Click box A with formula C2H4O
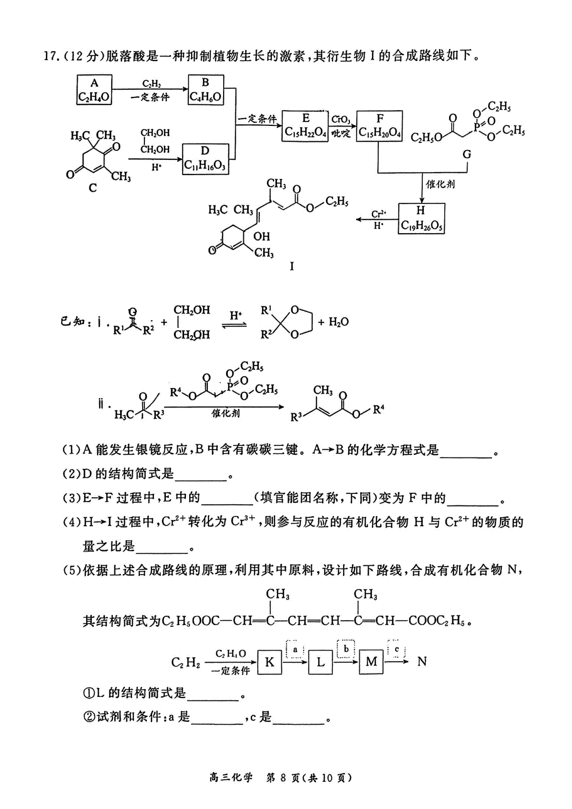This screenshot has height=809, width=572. [94, 90]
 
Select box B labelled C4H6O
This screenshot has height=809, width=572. [206, 90]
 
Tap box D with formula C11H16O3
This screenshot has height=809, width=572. [205, 159]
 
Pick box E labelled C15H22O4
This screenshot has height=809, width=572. [305, 126]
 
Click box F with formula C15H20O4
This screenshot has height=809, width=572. [379, 126]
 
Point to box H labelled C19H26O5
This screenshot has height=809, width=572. [421, 218]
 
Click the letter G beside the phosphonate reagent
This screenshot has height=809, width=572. [467, 154]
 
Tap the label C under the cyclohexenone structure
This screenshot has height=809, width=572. [93, 188]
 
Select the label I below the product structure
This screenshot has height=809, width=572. [292, 266]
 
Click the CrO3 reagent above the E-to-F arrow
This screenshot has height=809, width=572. [341, 119]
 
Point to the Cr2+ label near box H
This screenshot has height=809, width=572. [379, 214]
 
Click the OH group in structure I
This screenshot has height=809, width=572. [261, 236]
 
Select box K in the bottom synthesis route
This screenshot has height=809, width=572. [269, 662]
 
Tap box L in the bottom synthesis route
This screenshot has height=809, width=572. [320, 662]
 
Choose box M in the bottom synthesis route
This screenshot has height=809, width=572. [371, 662]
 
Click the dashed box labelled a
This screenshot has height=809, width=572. [295, 649]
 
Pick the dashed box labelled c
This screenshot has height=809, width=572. [397, 649]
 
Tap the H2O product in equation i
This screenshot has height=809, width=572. [338, 322]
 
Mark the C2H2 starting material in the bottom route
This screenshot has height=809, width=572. [185, 662]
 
